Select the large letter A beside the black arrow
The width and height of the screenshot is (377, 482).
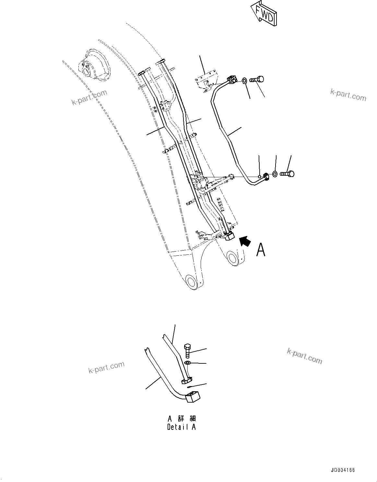point(261,250)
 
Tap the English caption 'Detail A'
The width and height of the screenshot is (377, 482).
point(181,427)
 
